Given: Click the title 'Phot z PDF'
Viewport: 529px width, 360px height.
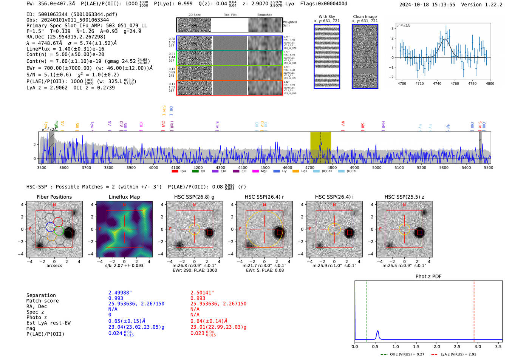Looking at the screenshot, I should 428,277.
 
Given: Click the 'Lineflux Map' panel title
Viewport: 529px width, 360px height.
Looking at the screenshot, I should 124,197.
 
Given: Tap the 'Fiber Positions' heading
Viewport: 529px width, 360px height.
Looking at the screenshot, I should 54,197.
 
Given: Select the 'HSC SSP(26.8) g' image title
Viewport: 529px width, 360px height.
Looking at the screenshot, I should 194,197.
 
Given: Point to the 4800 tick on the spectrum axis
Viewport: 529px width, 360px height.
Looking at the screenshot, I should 332,167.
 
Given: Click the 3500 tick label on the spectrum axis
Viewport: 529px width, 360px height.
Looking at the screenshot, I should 42,167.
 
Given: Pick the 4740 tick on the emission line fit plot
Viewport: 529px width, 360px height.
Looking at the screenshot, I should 437,83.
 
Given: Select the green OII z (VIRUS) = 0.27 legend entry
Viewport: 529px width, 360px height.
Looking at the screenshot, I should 403,354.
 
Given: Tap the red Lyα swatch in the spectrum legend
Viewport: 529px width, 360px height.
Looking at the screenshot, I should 175,172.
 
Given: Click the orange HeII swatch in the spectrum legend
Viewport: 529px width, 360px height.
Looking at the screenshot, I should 295,172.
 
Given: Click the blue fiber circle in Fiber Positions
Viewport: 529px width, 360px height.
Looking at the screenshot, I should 50,227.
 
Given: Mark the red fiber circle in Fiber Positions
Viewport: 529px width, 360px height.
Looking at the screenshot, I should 58,222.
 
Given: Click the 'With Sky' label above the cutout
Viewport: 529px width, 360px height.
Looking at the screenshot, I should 327,17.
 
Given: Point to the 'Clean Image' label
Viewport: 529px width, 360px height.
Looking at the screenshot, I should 365,17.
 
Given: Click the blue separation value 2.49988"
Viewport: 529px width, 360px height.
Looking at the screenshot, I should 120,293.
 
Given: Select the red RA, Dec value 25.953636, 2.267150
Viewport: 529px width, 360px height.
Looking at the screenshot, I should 218,304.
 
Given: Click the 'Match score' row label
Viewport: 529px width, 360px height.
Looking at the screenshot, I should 42,301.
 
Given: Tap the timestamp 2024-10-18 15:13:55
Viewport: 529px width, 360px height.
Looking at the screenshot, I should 427,5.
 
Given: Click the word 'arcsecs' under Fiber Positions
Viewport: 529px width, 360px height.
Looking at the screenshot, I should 54,266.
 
